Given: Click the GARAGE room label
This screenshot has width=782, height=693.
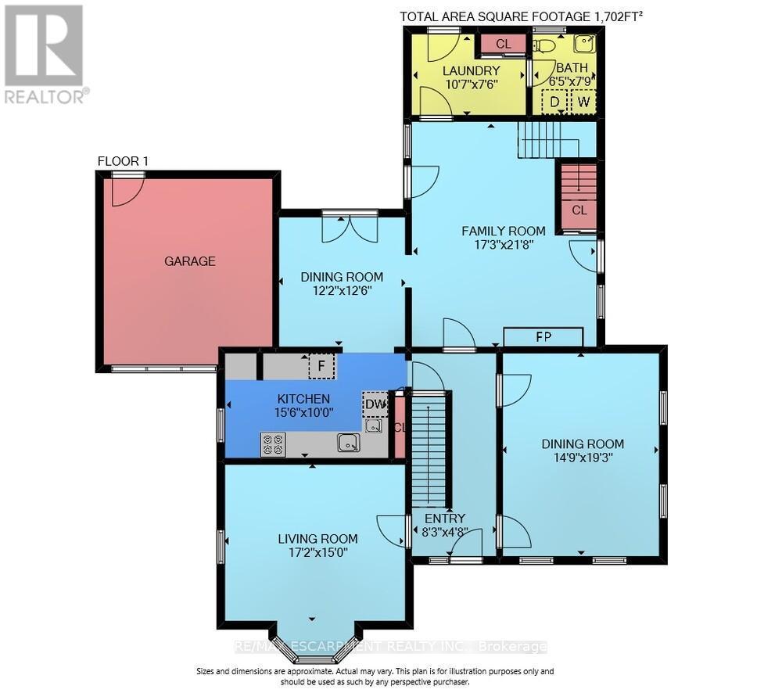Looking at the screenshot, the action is click(190, 261).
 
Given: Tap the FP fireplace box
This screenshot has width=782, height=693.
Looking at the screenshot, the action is click(543, 337).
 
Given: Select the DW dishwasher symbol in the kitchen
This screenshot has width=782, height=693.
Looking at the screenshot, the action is click(375, 404).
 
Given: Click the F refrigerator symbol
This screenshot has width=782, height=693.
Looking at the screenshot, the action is click(321, 366).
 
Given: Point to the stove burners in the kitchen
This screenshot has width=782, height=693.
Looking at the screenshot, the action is click(273, 444).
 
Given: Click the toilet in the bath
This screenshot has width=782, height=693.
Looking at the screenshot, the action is click(544, 46).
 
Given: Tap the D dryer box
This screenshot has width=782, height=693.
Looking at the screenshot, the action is click(554, 102).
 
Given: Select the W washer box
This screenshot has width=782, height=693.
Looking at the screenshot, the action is click(583, 102).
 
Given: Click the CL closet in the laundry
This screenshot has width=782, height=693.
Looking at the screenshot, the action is click(503, 44).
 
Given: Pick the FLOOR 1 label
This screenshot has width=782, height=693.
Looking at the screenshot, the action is click(123, 161).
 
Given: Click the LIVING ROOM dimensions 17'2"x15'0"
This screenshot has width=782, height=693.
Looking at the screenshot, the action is click(312, 552).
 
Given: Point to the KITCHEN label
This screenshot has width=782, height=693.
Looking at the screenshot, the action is click(303, 399).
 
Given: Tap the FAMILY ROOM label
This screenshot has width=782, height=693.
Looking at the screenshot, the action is click(503, 231).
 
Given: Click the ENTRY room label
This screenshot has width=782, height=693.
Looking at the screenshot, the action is click(445, 519).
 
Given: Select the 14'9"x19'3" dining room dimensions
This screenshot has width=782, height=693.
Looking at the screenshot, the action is click(583, 458).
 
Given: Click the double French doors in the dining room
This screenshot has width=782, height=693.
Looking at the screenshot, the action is click(350, 227).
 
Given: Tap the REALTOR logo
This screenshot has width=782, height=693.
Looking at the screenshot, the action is click(45, 54).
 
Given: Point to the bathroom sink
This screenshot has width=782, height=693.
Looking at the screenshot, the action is click(584, 43).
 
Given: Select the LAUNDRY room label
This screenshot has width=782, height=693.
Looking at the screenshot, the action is click(472, 70).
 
